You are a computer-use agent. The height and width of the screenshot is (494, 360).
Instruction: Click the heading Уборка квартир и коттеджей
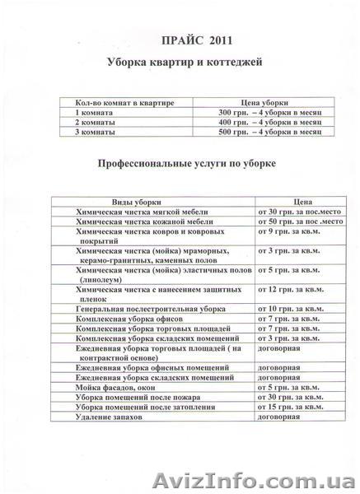click(x=179, y=63)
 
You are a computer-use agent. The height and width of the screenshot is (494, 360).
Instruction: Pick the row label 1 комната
click(x=91, y=111)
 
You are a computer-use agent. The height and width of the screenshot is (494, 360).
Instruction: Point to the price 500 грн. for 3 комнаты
click(x=248, y=133)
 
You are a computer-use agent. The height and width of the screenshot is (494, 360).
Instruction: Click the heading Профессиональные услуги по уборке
click(x=180, y=164)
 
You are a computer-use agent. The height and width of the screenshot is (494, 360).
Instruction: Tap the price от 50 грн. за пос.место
click(x=290, y=222)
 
